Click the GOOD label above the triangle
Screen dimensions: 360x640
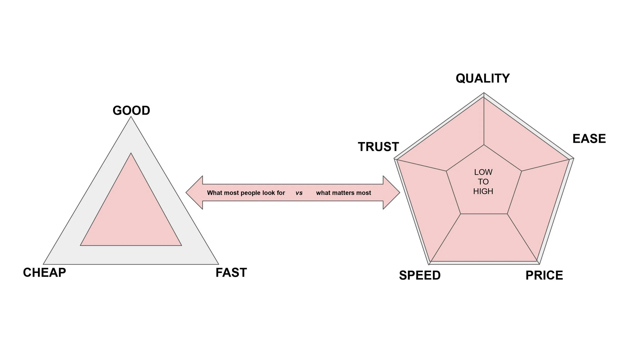[x=131, y=111]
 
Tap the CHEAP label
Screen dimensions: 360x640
[x=45, y=272]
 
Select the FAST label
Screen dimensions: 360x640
[x=231, y=272]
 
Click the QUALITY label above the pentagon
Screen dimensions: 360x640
[x=483, y=78]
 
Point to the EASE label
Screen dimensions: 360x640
[x=589, y=139]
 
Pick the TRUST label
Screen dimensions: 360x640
[x=378, y=147]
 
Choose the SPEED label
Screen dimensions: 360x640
[x=420, y=275]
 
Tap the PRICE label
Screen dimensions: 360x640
[x=544, y=275]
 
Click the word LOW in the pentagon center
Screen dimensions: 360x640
[x=483, y=172]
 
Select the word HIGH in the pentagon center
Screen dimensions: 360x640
[x=483, y=191]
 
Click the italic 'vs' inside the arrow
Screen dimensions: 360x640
[x=299, y=193]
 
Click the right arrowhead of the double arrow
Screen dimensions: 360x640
[x=391, y=193]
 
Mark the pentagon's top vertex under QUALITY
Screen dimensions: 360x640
[x=484, y=94]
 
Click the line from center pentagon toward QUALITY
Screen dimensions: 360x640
[x=484, y=120]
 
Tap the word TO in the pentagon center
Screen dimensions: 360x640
[x=483, y=182]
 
